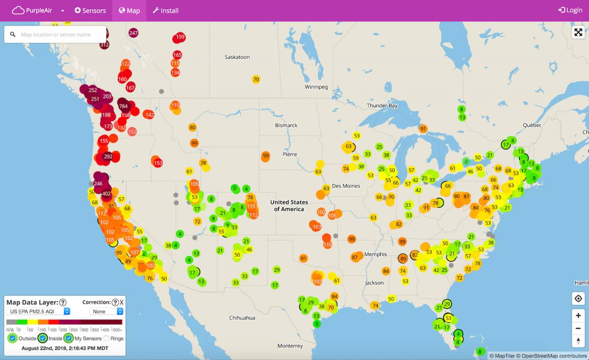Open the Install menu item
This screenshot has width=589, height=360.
pos(165,10)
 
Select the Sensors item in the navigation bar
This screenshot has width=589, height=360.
pos(90,10)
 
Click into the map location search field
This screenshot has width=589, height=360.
pos(59,35)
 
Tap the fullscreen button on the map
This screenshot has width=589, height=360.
pos(578,32)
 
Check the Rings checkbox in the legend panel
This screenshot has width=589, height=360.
pos(107,338)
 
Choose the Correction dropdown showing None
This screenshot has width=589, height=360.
pos(106,311)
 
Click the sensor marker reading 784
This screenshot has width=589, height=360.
pos(123,106)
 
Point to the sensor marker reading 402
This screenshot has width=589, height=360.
pos(107,194)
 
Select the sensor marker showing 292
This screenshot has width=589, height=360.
pos(108,157)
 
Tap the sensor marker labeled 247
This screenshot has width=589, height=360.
pos(134,33)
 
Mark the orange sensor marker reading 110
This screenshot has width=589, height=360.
pos(327,244)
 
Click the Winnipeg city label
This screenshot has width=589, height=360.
pos(316,87)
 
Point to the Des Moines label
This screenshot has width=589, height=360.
pos(346,186)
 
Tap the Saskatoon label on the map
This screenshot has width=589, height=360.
pos(237,57)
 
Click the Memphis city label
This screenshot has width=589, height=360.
pos(376,255)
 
